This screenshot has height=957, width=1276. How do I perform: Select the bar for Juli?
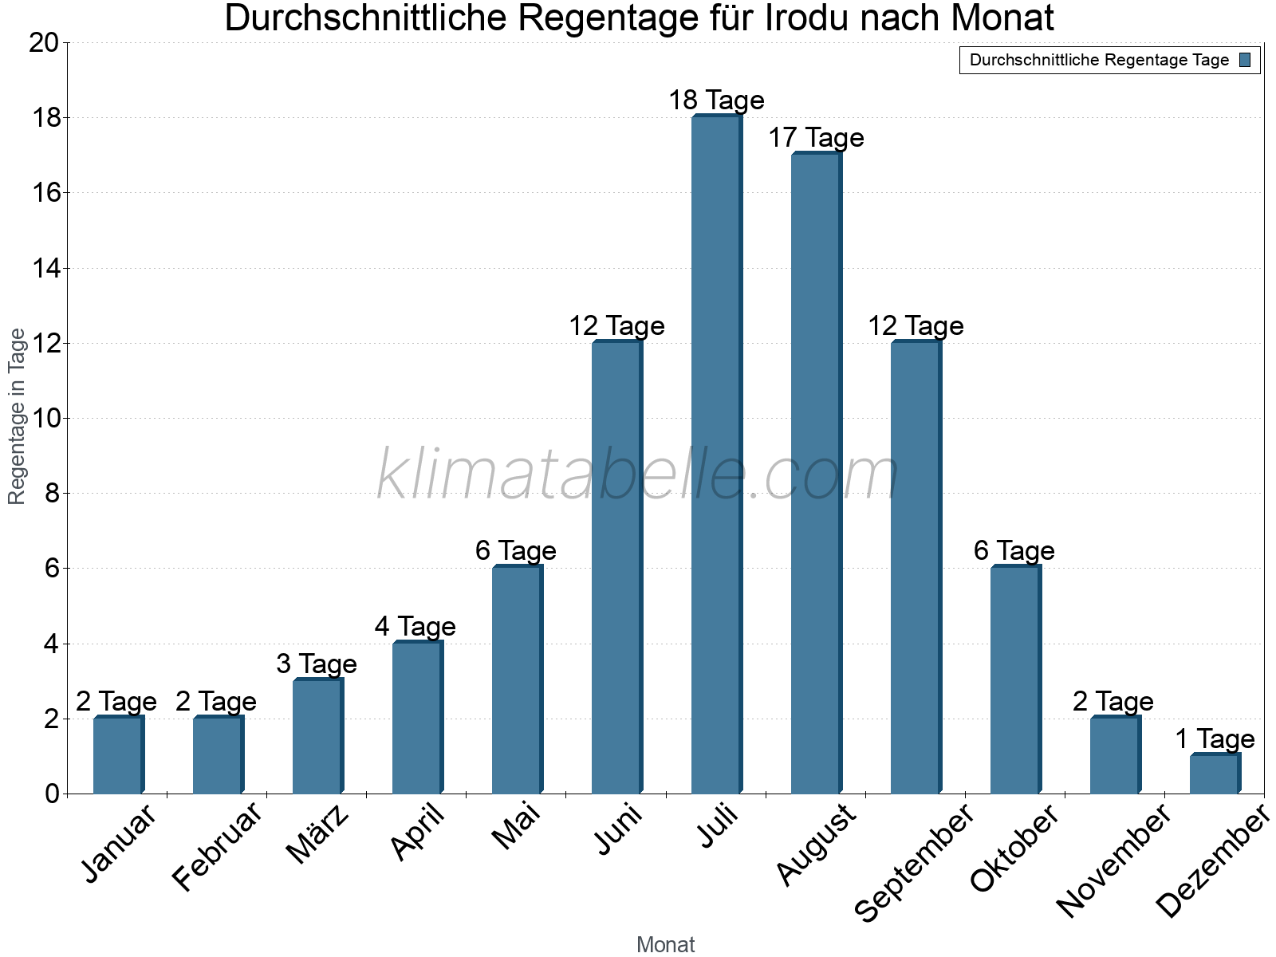point(716,455)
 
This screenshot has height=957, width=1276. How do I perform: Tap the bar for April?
point(417,718)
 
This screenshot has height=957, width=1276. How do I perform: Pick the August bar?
point(816,474)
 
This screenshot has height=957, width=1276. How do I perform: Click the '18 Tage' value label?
point(716,100)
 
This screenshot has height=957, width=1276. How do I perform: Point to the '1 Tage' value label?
point(1215,739)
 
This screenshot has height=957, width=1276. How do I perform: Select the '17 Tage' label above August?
point(816,138)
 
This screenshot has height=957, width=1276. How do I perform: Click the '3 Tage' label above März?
point(317,664)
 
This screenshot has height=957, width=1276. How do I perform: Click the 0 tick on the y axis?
point(52,794)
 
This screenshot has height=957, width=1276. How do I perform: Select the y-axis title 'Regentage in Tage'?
point(17,416)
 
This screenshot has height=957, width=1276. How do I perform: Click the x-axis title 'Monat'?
point(665,944)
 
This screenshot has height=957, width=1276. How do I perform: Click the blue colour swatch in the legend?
point(1245,60)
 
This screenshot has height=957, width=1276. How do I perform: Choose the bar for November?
point(1115,755)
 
